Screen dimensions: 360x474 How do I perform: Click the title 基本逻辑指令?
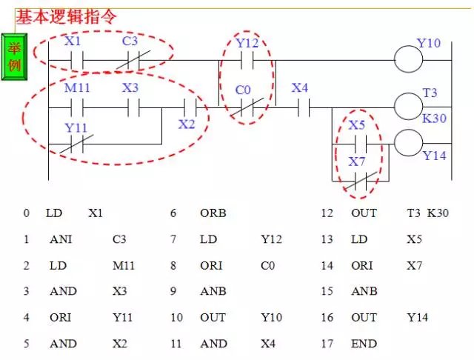tap(66, 14)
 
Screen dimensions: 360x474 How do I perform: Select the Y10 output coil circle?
tap(408, 59)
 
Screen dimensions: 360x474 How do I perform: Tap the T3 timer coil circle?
tap(408, 107)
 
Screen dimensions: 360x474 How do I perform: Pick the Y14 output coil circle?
tap(408, 143)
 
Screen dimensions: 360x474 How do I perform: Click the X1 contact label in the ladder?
tap(73, 41)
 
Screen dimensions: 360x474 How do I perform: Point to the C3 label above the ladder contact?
tap(130, 41)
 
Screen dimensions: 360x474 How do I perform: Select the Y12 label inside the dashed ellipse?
tap(247, 43)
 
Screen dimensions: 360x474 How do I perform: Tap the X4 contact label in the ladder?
tap(300, 88)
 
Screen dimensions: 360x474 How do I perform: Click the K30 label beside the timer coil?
tap(434, 119)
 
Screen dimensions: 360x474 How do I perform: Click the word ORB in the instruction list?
tap(213, 213)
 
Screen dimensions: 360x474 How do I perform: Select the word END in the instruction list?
tap(364, 343)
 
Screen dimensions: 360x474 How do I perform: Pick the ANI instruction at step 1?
tap(61, 239)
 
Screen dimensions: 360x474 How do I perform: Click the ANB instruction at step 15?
tap(364, 291)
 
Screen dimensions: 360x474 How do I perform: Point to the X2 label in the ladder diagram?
tap(186, 124)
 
